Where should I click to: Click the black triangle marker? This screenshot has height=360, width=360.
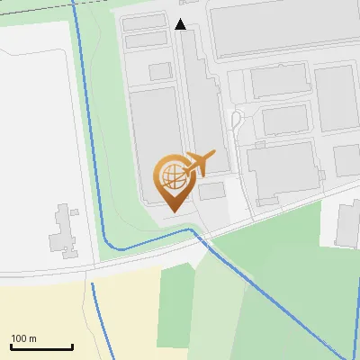[x=181, y=24]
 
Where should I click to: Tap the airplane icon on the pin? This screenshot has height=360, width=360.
[x=199, y=163]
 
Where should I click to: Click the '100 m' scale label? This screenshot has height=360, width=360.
[x=24, y=338]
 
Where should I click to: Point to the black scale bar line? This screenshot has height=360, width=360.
[x=41, y=347]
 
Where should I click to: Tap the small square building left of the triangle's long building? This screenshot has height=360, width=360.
[x=160, y=71]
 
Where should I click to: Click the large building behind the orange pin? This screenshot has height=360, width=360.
[x=153, y=135]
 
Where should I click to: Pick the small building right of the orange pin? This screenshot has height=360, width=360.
[x=212, y=191]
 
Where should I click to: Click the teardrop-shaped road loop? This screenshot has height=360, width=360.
[x=237, y=121]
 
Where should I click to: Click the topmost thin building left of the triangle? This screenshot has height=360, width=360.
[x=144, y=22]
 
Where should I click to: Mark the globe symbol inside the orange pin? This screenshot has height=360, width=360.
[x=170, y=174]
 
